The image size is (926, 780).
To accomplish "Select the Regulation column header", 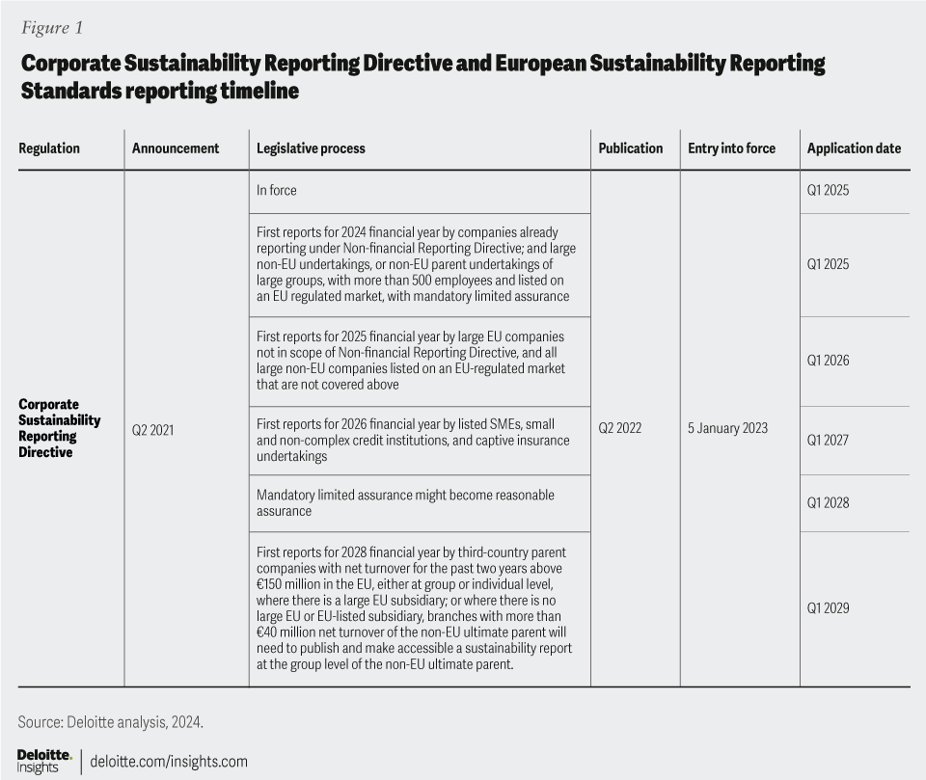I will pyautogui.click(x=49, y=148).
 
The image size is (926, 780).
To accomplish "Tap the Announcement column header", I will pyautogui.click(x=176, y=148).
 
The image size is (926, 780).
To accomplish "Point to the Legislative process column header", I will pyautogui.click(x=311, y=148).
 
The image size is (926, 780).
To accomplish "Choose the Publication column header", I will pyautogui.click(x=631, y=148).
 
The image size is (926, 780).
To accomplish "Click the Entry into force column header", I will pyautogui.click(x=733, y=148).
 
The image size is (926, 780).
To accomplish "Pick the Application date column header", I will pyautogui.click(x=854, y=148).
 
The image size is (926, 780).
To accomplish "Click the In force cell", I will pyautogui.click(x=277, y=191).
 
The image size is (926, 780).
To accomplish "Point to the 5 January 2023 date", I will pyautogui.click(x=728, y=428).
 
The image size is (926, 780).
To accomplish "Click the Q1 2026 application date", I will pyautogui.click(x=829, y=361).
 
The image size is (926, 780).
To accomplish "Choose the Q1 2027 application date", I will pyautogui.click(x=829, y=441).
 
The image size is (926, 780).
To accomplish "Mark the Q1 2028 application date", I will pyautogui.click(x=829, y=503).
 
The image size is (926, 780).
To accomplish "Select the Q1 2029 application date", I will pyautogui.click(x=829, y=608).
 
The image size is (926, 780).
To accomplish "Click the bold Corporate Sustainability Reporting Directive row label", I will pyautogui.click(x=60, y=428).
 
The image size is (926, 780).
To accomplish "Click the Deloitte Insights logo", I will pyautogui.click(x=44, y=760).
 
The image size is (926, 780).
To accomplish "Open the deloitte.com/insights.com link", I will pyautogui.click(x=169, y=762).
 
